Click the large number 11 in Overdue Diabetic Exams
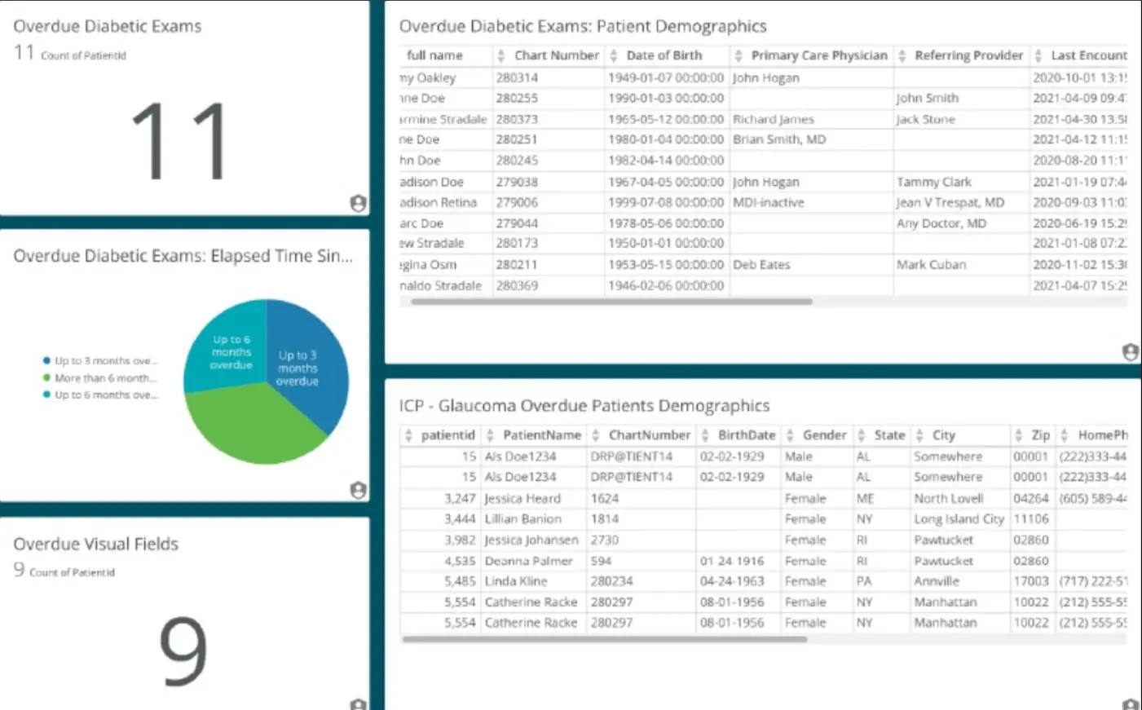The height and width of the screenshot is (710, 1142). click(180, 141)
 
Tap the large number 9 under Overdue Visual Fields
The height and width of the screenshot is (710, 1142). click(183, 650)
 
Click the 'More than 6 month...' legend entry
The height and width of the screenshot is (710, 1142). click(105, 378)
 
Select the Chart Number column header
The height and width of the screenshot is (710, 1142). click(556, 55)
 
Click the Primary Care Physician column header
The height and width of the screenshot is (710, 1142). click(818, 55)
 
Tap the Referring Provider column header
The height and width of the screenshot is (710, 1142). click(968, 55)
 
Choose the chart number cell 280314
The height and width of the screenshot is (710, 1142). click(517, 77)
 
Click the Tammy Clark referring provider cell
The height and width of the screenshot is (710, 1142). click(934, 182)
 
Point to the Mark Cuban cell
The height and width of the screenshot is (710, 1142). click(931, 265)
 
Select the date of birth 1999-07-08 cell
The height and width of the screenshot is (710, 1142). click(665, 202)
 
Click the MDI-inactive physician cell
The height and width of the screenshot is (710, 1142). click(768, 202)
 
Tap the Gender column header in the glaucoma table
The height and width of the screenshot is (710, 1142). click(824, 435)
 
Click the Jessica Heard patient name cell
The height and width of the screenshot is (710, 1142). click(522, 498)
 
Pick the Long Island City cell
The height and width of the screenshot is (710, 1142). click(959, 519)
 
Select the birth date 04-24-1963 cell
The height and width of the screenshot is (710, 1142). click(731, 581)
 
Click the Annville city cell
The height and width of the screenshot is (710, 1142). click(937, 581)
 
